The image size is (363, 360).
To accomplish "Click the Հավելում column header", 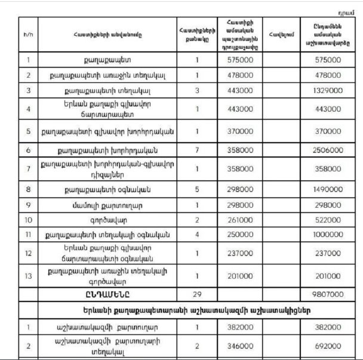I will tap(282, 35).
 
